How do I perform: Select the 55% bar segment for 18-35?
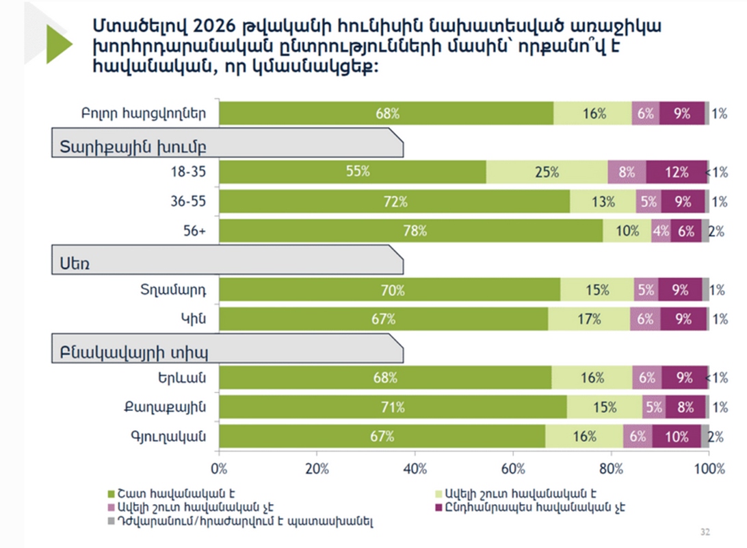353,172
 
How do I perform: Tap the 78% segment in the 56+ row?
411,232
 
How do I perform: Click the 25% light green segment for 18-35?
547,172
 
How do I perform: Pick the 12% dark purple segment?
677,172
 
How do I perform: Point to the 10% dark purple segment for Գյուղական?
676,436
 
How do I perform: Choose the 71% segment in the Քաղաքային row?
393,408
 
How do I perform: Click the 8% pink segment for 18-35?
627,172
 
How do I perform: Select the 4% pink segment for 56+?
661,232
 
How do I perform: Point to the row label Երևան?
187,377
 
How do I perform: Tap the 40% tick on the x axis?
415,469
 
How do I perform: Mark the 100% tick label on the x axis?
709,469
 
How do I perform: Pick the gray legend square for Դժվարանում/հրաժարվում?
113,521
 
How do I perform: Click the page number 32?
705,532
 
